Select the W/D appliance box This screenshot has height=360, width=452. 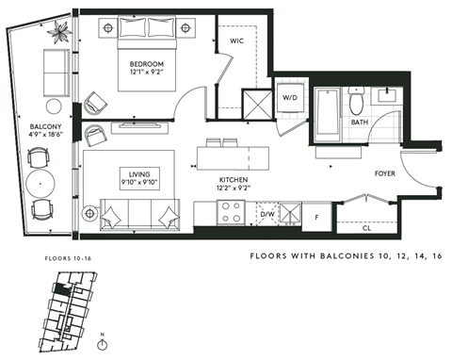289,97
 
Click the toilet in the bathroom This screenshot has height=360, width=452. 356,98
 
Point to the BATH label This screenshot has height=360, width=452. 360,123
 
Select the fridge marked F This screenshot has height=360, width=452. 316,217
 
